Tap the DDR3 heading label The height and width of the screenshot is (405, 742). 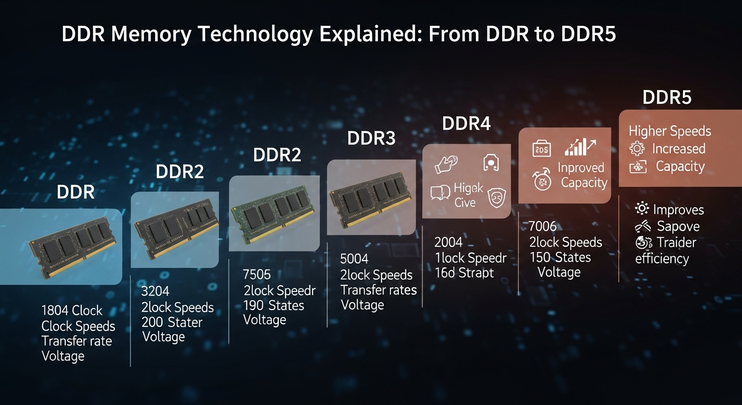tap(372, 139)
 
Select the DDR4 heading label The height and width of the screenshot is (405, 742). tap(466, 124)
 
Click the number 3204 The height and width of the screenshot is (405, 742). tap(155, 291)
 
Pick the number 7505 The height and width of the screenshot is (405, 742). tap(257, 275)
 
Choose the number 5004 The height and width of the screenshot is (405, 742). tap(354, 259)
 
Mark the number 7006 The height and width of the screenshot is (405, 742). tap(542, 227)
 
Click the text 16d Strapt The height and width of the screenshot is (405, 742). tap(464, 273)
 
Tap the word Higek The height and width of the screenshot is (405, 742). tap(468, 188)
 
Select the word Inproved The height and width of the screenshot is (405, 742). tap(581, 168)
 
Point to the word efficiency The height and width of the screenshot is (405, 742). tap(662, 258)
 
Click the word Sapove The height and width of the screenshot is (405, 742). tap(678, 227)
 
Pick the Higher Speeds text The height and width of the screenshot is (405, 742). tap(670, 131)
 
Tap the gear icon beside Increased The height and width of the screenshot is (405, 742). tap(637, 149)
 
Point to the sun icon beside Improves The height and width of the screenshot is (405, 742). tap(641, 209)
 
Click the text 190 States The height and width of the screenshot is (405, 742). tap(274, 305)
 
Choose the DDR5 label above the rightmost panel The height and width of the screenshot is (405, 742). tap(667, 98)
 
